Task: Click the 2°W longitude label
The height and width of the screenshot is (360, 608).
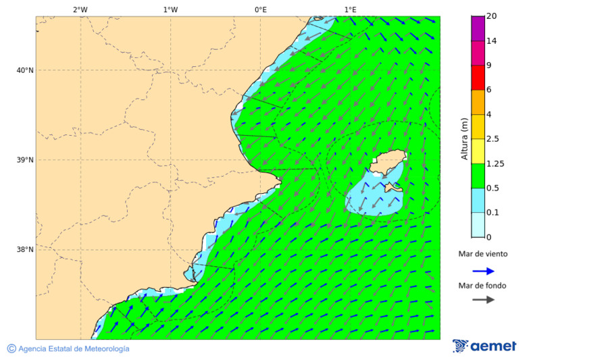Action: pos(80,9)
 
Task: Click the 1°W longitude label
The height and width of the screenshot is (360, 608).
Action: pos(170,9)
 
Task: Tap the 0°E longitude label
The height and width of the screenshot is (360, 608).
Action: pos(260,9)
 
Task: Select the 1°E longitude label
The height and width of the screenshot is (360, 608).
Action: pos(351,9)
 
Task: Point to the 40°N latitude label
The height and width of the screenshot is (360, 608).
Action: pos(25,70)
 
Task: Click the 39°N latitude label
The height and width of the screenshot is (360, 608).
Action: pos(25,160)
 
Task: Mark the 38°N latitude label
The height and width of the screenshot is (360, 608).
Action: pos(25,250)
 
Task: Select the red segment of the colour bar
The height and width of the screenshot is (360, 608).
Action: pos(478,78)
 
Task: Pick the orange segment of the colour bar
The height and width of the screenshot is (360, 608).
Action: pos(478,102)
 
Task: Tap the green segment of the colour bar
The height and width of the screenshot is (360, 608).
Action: pos(478,176)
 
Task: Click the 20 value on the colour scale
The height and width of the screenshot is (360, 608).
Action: pos(491,17)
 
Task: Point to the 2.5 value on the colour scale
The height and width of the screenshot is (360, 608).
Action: pos(492,139)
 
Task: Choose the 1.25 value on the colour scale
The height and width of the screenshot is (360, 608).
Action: pos(495,163)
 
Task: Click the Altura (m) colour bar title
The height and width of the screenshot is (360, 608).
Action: pos(464,139)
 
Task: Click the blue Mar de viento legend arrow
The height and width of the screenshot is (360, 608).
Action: pos(483,271)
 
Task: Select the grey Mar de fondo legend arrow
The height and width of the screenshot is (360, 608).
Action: pos(483,300)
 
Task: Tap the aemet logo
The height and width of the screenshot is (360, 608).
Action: pos(484,346)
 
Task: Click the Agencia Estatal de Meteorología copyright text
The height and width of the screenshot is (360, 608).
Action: pos(68,349)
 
